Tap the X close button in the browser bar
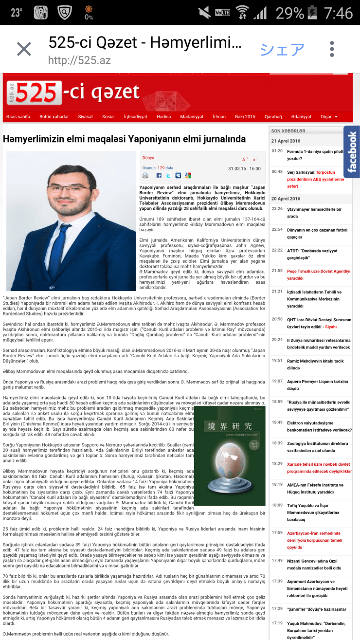pyautogui.click(x=24, y=49)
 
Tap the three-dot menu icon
pyautogui.click(x=332, y=49)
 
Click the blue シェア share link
pyautogui.click(x=282, y=49)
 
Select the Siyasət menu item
pyautogui.click(x=85, y=117)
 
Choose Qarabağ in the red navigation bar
pyautogui.click(x=273, y=117)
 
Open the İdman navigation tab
pyautogui.click(x=219, y=117)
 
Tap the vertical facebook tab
pyautogui.click(x=352, y=151)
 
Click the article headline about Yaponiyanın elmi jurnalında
pyautogui.click(x=125, y=139)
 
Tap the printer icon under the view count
pyautogui.click(x=145, y=175)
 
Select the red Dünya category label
pyautogui.click(x=148, y=158)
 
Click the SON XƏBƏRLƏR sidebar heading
pyautogui.click(x=288, y=131)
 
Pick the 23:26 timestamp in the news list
pyautogui.click(x=277, y=209)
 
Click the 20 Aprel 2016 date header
pyautogui.click(x=286, y=199)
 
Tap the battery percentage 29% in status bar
pyautogui.click(x=289, y=12)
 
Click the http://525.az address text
pyautogui.click(x=79, y=61)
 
